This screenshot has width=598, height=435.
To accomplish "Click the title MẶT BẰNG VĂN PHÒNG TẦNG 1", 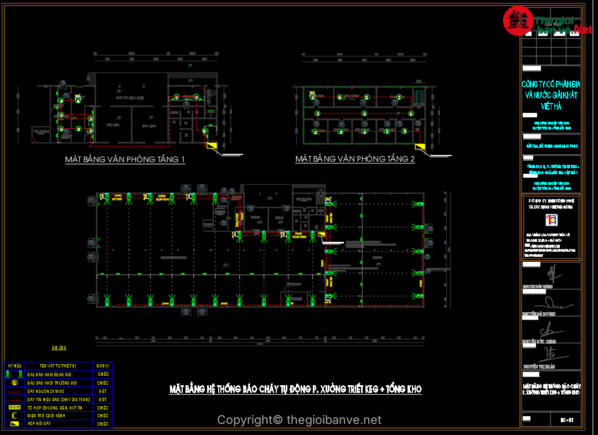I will tap(125, 160).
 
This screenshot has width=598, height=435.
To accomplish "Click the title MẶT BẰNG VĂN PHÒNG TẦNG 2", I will tap(355, 159).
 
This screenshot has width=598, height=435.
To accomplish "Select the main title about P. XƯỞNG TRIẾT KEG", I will tap(295, 390).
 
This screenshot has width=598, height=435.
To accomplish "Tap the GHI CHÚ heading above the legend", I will tap(59, 348).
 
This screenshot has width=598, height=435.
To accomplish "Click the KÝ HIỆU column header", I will tap(14, 366).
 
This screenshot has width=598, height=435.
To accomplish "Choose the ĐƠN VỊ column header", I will tap(102, 366).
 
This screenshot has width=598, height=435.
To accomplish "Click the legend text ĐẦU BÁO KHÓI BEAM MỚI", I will tap(53, 375).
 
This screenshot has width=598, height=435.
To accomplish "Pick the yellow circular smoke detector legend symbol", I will tap(14, 382).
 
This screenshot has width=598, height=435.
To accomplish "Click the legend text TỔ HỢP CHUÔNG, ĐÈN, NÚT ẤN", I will tap(55, 407).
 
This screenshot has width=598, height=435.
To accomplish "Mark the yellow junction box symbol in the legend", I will tap(15, 424).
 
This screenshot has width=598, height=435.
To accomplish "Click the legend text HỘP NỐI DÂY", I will tap(40, 424).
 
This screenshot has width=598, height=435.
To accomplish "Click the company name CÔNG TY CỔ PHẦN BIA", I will tap(551, 84).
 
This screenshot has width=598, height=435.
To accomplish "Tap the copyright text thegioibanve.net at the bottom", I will tap(299, 421).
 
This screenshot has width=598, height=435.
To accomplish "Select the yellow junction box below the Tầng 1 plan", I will tap(212, 146).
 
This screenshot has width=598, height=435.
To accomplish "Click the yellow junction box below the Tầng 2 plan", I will tap(420, 146).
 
